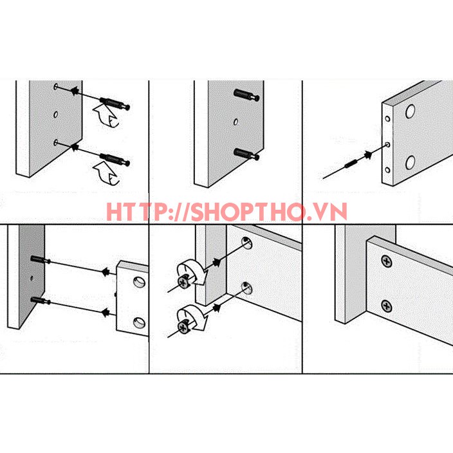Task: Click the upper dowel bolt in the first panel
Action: (115, 104)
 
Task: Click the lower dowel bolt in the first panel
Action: (115, 160)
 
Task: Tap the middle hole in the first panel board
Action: (56, 115)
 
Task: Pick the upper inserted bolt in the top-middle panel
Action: (246, 95)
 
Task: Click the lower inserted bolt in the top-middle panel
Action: (246, 154)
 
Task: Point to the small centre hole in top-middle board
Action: (236, 122)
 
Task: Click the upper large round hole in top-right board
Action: (411, 111)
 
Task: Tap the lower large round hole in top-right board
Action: (411, 162)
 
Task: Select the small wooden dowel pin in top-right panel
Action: (351, 164)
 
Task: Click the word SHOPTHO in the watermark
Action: (246, 212)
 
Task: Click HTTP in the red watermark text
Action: (133, 212)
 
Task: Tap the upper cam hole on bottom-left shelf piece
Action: (139, 282)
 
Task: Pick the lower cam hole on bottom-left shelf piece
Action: (139, 323)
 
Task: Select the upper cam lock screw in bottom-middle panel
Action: (183, 282)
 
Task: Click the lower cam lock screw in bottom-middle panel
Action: (183, 326)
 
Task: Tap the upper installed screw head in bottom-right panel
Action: (387, 261)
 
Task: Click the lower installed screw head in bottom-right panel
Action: (387, 306)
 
